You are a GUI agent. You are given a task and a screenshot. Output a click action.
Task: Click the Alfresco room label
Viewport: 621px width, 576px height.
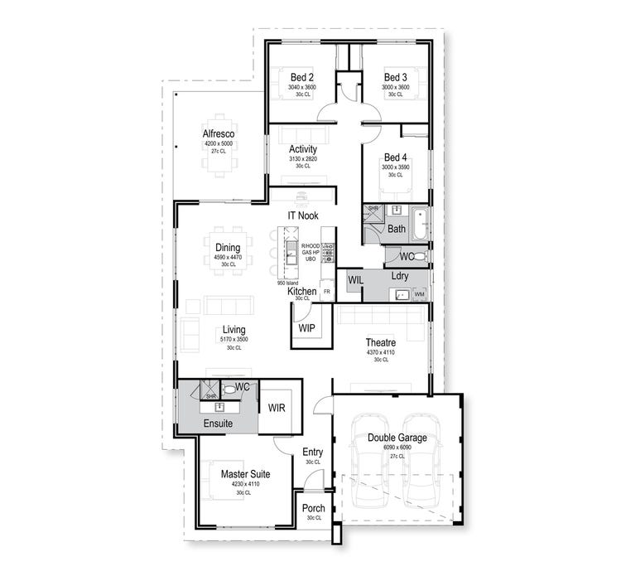219,133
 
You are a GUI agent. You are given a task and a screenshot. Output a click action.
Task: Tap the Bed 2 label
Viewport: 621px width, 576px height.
301,77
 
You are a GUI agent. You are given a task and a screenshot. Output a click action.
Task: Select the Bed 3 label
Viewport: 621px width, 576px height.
395,77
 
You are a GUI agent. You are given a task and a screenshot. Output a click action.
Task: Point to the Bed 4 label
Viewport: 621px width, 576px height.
395,158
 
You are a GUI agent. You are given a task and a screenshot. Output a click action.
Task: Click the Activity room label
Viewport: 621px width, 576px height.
303,149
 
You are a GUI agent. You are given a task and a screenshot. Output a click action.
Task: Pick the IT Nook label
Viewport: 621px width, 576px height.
303,215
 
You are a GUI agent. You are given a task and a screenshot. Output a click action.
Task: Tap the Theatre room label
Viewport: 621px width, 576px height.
381,342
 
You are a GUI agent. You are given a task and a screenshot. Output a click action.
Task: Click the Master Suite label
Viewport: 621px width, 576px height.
244,474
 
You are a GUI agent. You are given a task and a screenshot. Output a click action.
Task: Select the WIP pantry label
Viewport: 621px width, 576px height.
307,328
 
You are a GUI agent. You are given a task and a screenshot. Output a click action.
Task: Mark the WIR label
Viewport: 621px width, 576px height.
276,408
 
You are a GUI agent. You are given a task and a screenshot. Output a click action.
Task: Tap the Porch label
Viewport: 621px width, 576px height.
313,509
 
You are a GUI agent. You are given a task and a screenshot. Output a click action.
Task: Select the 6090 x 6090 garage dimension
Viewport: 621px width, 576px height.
392,448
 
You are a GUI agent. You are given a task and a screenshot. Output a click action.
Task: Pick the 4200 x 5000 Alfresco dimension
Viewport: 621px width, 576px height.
219,144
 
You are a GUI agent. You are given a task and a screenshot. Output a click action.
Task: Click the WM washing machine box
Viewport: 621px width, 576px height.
419,294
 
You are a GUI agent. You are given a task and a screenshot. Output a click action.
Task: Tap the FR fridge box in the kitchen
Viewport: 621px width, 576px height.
326,293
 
